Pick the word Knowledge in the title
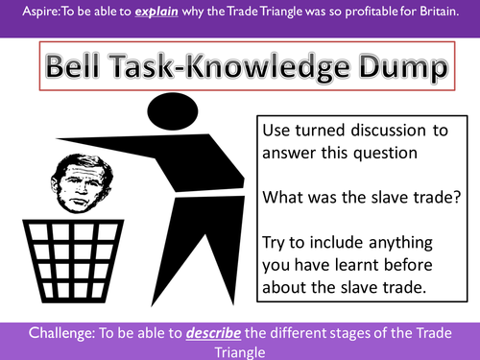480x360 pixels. [x=262, y=67]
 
